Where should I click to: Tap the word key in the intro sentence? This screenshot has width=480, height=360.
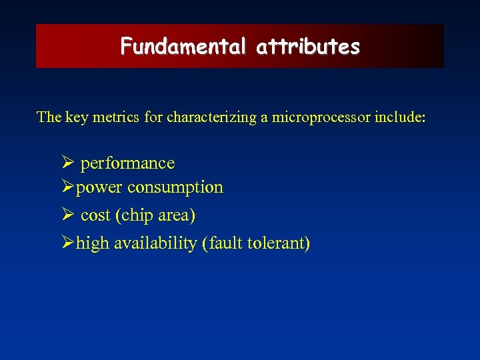(x=77, y=117)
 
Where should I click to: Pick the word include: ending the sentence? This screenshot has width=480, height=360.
(x=401, y=117)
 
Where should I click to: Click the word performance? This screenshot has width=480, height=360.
(x=127, y=163)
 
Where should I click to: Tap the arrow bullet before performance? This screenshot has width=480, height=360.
(x=66, y=163)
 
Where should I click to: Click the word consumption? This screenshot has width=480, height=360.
(x=175, y=188)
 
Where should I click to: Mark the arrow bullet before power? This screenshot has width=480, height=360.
(x=66, y=188)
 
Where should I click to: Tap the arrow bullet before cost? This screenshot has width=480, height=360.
(x=66, y=216)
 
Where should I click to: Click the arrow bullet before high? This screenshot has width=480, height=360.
(x=66, y=244)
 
